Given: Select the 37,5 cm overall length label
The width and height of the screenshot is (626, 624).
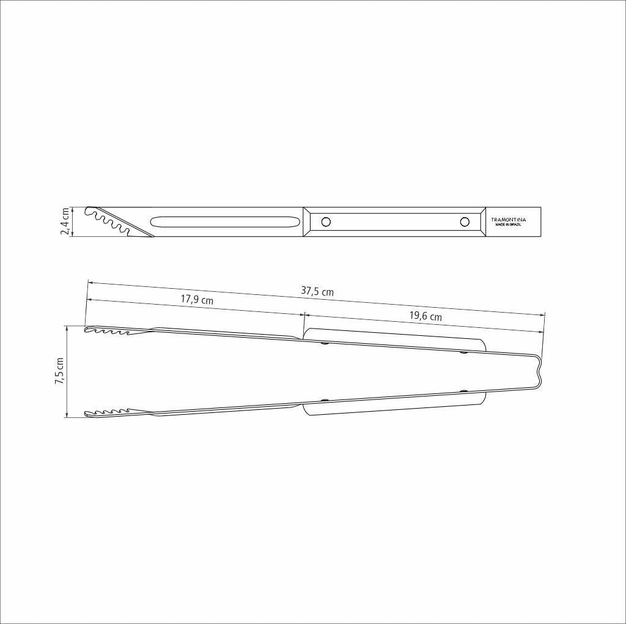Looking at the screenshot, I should tap(317, 292).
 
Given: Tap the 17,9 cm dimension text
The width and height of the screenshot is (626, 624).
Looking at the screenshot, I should tap(197, 300).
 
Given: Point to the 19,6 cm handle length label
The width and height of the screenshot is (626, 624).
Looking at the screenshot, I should tap(425, 316).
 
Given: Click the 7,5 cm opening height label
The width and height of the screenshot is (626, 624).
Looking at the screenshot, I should tap(59, 371).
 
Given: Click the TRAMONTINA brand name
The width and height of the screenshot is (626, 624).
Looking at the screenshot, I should tap(508, 220).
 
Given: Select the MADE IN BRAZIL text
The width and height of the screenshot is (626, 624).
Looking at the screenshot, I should tap(508, 225).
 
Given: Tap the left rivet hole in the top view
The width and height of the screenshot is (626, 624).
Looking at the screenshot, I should tap(326, 221).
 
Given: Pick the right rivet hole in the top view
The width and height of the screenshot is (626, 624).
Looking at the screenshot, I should tap(465, 221).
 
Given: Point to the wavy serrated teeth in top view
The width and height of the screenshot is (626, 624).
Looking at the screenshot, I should tap(113, 221).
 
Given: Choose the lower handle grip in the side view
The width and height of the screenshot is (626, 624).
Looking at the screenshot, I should tap(394, 406).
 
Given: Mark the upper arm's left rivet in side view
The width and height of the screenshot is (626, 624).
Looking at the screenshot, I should tap(325, 344).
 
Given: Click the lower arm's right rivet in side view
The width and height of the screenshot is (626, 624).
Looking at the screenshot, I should tap(463, 391).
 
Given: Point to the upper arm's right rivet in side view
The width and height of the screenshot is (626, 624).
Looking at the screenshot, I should tap(463, 352).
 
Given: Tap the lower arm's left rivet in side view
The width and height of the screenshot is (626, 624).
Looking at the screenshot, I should tap(325, 401).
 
